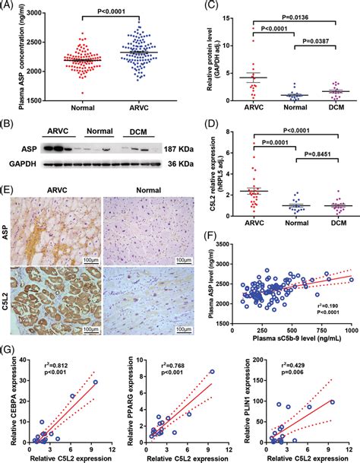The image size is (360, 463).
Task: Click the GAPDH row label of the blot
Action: pyautogui.click(x=22, y=163)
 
